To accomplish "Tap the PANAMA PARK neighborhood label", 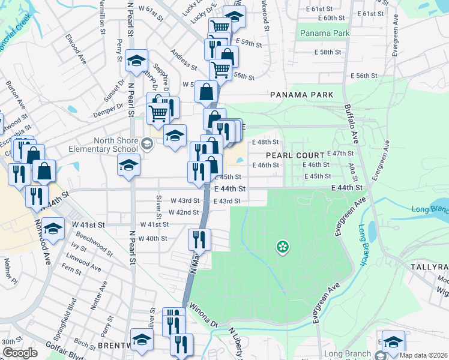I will pyautogui.click(x=297, y=95).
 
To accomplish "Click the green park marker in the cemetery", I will pyautogui.click(x=282, y=246).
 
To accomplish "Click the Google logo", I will pyautogui.click(x=20, y=352).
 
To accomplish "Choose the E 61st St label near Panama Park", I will pyautogui.click(x=319, y=9).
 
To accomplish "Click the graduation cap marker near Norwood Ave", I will pyautogui.click(x=53, y=229).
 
